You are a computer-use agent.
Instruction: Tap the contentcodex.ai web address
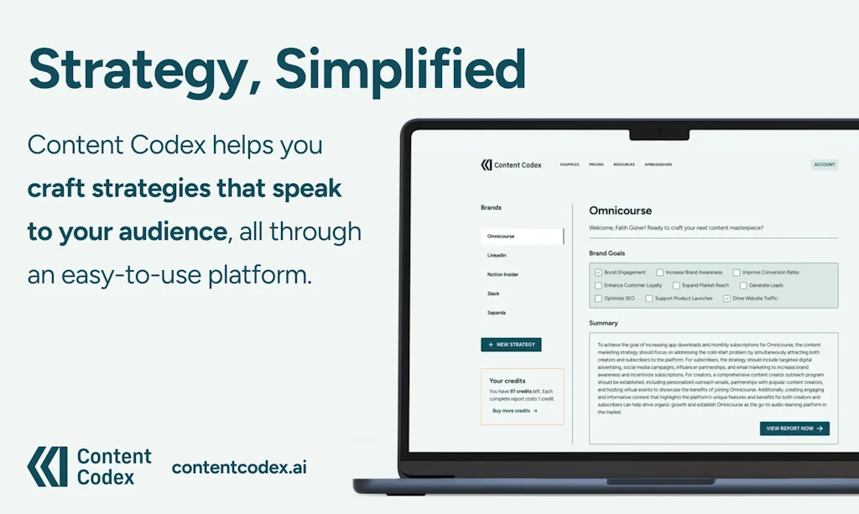point(239,467)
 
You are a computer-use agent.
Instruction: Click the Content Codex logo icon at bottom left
point(47,466)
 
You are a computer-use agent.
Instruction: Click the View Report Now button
point(794,428)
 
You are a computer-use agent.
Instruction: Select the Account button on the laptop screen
point(824,164)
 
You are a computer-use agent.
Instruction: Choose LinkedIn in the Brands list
point(497,255)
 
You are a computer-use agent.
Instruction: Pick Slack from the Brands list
point(493,293)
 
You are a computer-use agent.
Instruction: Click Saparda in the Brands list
point(497,313)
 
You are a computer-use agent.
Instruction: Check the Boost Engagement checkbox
point(598,273)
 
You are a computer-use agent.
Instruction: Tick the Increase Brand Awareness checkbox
point(660,273)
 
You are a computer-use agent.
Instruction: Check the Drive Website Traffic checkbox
point(726,299)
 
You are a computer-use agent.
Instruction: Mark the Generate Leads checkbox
point(742,286)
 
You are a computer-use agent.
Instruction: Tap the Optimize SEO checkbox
point(598,299)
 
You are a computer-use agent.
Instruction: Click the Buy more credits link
point(514,411)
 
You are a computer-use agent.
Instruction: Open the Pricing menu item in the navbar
point(596,164)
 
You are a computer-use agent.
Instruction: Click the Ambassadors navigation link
point(658,164)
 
